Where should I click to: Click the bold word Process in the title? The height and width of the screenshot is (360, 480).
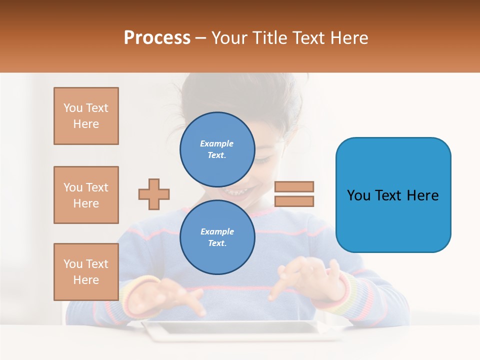[157, 37]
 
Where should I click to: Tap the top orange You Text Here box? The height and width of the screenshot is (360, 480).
[86, 116]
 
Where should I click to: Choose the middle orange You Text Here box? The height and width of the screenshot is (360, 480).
[86, 195]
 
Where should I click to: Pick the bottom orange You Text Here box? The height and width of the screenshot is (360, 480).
[86, 272]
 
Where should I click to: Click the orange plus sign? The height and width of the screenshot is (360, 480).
[154, 194]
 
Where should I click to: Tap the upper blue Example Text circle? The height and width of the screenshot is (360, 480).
[217, 149]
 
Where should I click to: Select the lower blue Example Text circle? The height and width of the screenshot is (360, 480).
[217, 237]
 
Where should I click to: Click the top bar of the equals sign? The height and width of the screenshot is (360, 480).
[294, 187]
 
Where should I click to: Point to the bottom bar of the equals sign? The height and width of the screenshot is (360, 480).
[294, 201]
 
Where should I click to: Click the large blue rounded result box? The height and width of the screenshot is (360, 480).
[393, 195]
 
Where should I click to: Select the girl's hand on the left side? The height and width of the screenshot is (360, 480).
[175, 295]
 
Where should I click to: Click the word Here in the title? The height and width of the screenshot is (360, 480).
[350, 37]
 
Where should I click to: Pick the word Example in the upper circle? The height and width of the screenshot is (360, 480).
[216, 143]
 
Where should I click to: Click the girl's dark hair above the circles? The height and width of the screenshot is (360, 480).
[235, 92]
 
